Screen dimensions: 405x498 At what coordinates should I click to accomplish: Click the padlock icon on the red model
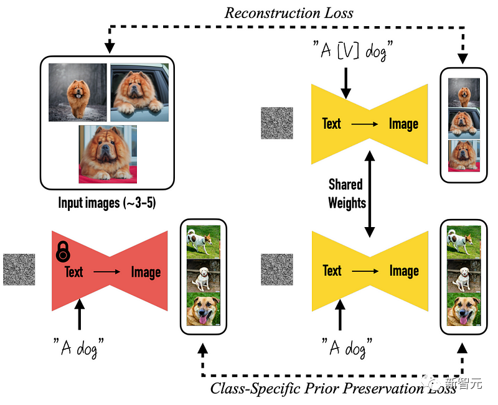tap(63, 251)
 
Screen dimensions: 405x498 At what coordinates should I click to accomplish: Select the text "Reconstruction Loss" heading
tap(289, 12)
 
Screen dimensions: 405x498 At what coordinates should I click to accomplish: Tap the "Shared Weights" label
tap(346, 193)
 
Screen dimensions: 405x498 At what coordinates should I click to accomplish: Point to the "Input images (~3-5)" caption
tap(106, 203)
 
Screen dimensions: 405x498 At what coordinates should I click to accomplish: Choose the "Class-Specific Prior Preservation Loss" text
tap(332, 389)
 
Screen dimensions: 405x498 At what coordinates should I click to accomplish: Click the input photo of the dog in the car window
tap(139, 93)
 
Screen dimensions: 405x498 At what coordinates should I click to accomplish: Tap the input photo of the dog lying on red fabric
tap(108, 154)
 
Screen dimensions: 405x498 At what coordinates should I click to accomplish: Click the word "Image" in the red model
tap(146, 272)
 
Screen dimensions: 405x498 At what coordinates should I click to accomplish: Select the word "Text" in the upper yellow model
tap(332, 124)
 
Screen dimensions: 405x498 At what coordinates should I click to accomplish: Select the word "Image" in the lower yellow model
tap(403, 271)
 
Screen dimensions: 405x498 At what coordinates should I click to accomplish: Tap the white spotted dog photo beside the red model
tap(203, 241)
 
